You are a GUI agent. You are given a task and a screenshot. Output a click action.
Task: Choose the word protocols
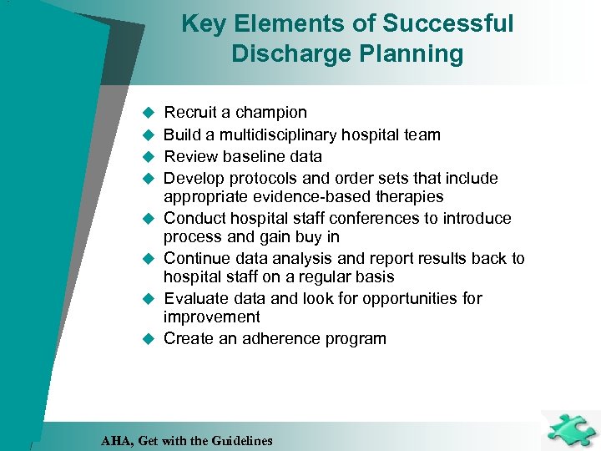(259, 178)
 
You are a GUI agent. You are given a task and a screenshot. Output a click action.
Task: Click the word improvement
(212, 317)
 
